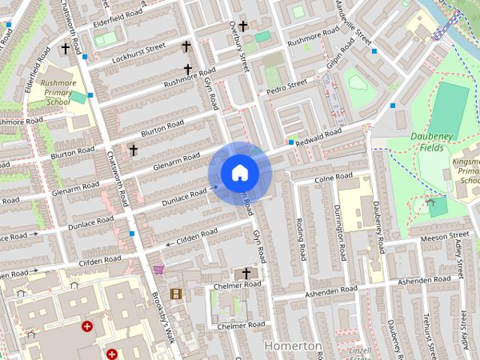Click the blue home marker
[239, 173]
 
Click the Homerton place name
[294, 346]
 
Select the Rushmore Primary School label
[58, 92]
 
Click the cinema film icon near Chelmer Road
[175, 293]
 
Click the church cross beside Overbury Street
[242, 26]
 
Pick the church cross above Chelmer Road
[246, 273]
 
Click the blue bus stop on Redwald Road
[291, 142]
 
